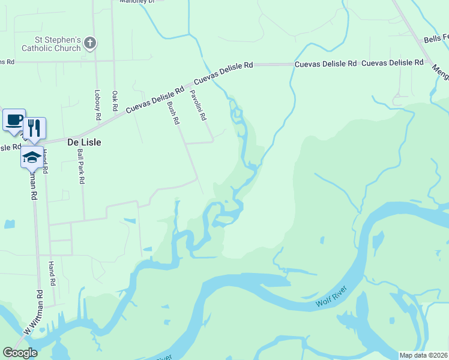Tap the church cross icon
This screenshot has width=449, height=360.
89,43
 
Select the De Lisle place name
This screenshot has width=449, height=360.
83,143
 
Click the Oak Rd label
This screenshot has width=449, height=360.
115,100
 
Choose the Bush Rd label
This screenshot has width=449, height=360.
173,112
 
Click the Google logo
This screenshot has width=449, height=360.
20,353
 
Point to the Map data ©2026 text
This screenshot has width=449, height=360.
423,355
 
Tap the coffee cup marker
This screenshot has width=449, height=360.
14,119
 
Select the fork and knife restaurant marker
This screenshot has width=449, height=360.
34,128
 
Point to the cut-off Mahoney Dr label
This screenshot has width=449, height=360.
137,2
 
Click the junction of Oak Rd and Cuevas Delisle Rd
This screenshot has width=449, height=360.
114,119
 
